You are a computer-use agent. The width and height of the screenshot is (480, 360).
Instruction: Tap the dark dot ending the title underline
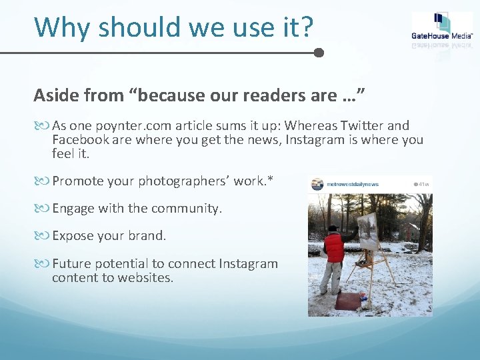[x=319, y=53]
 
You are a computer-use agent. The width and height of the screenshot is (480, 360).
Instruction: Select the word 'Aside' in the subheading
[x=55, y=96]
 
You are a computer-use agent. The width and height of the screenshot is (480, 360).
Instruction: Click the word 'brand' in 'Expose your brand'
[x=147, y=236]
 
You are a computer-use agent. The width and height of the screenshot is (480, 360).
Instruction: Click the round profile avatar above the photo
[x=317, y=184]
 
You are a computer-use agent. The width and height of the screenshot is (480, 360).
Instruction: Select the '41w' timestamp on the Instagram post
[x=421, y=184]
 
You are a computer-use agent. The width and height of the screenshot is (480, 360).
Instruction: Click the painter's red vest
[x=333, y=249]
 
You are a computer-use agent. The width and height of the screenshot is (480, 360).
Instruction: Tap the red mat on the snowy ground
[x=351, y=300]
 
